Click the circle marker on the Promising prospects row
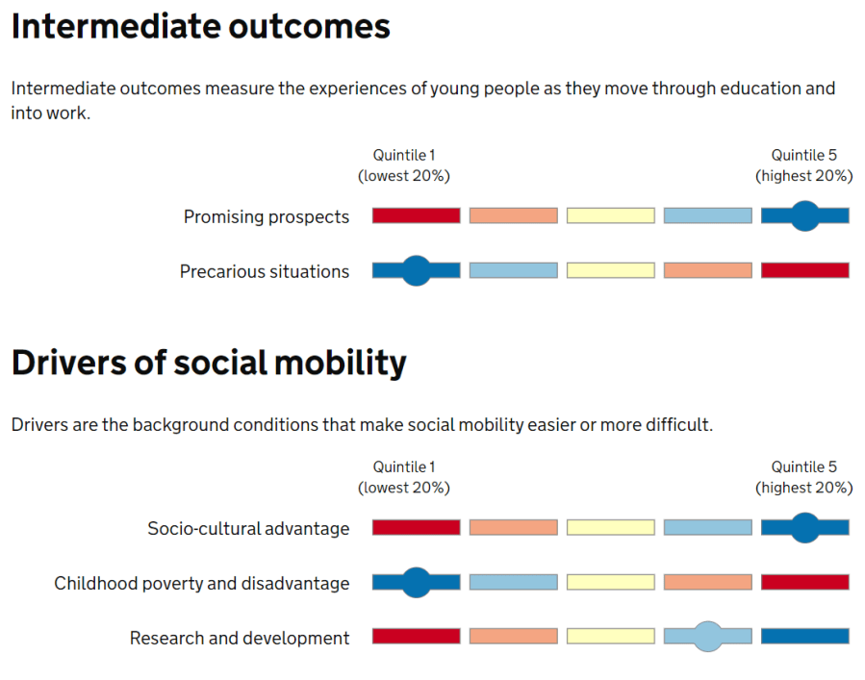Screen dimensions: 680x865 tap(804, 216)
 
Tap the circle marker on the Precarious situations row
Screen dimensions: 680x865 tap(416, 271)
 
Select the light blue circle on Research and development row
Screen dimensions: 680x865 tap(707, 637)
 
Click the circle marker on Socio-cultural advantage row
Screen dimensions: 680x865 tap(804, 528)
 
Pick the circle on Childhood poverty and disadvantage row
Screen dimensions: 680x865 tap(416, 583)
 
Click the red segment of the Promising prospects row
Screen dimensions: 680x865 tap(416, 216)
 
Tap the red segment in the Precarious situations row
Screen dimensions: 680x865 tap(804, 271)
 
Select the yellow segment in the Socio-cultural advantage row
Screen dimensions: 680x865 tap(610, 528)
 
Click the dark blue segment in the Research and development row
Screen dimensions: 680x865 tap(804, 637)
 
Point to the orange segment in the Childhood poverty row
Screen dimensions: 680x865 tap(707, 583)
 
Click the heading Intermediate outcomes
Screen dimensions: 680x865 tap(201, 27)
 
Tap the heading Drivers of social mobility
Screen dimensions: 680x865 tap(209, 364)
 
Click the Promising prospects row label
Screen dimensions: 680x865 tap(267, 217)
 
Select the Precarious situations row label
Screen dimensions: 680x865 tap(265, 272)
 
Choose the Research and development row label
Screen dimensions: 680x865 tap(240, 639)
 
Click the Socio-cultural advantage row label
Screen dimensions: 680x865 tap(248, 529)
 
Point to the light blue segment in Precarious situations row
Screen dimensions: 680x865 tap(513, 271)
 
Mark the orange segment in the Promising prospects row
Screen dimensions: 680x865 tap(513, 216)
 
